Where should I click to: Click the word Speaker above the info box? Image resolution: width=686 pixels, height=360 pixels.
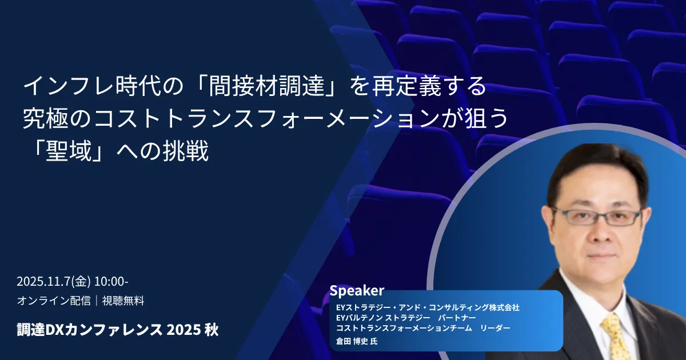tap(357, 291)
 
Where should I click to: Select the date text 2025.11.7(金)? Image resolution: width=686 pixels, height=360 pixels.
tap(54, 282)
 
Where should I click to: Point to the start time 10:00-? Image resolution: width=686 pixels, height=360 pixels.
tap(111, 282)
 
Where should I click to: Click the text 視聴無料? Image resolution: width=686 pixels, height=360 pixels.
tap(123, 301)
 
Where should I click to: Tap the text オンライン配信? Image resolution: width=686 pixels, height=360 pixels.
tap(54, 301)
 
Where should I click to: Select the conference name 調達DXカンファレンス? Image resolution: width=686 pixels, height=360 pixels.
tap(89, 330)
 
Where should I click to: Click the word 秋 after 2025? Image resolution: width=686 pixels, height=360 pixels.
tap(212, 330)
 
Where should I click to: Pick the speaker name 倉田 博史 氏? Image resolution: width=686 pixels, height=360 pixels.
tap(357, 341)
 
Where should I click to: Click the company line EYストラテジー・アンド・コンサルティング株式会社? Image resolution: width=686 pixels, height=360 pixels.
tap(428, 307)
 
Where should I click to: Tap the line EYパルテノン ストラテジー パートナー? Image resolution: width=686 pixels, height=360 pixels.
tap(406, 318)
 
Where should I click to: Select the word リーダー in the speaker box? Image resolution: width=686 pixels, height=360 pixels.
tap(495, 328)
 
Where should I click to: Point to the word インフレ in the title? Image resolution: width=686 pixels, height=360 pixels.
tap(69, 87)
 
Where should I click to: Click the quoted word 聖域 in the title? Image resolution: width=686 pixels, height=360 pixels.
tap(69, 151)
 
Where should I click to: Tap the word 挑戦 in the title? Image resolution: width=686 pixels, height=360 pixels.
tap(186, 151)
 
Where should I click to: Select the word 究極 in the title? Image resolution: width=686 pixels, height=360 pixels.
tap(46, 119)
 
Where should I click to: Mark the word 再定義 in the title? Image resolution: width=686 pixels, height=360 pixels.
tap(406, 87)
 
